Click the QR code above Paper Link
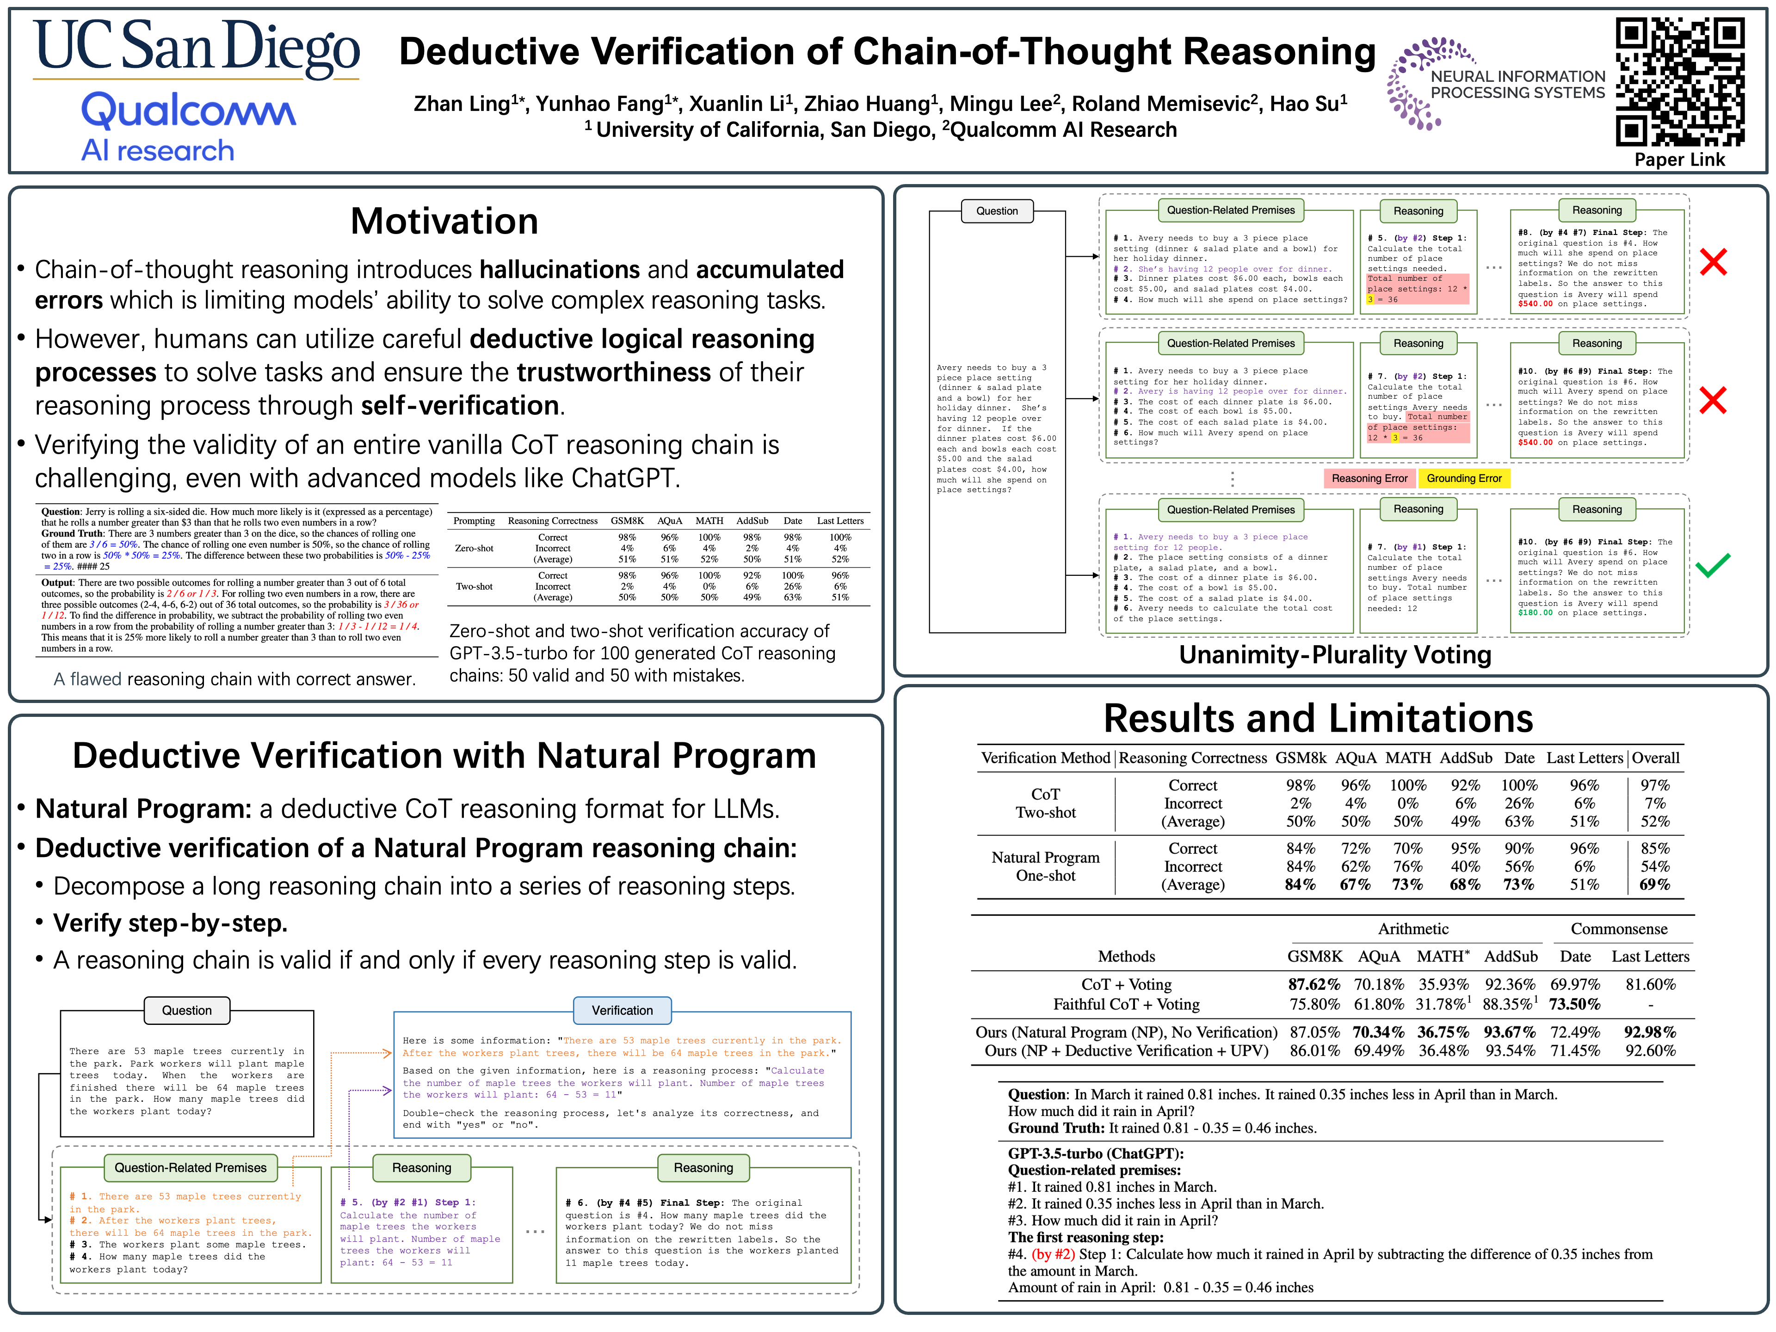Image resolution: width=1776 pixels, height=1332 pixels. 1680,81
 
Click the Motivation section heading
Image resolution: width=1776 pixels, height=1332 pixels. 444,222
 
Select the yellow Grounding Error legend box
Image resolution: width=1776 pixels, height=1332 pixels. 1464,479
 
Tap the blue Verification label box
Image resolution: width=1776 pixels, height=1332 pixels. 622,1010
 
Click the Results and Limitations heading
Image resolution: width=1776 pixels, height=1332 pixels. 1318,719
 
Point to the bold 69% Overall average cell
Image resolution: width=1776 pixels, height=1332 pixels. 1655,885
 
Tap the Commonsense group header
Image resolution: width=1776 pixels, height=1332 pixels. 1619,929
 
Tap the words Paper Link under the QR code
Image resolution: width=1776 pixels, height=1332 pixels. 1680,160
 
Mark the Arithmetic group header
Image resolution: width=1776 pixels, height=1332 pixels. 1413,929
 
